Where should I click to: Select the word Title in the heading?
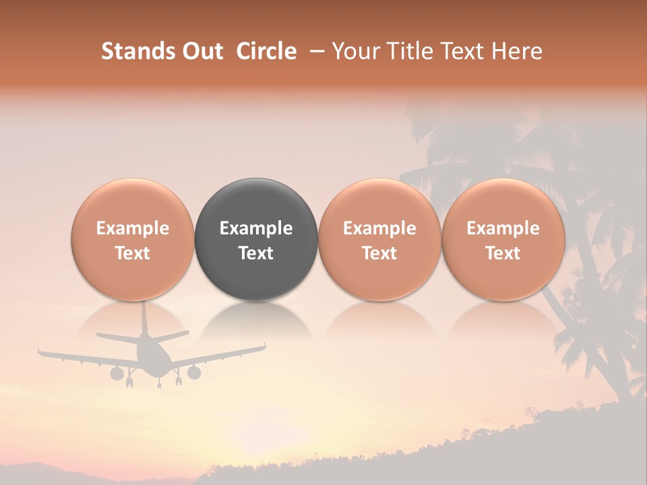[404, 51]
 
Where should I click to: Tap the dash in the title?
[314, 51]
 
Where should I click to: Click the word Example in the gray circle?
[256, 228]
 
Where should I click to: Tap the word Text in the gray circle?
[256, 253]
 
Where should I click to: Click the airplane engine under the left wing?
[117, 373]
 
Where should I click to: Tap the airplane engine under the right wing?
[194, 372]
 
